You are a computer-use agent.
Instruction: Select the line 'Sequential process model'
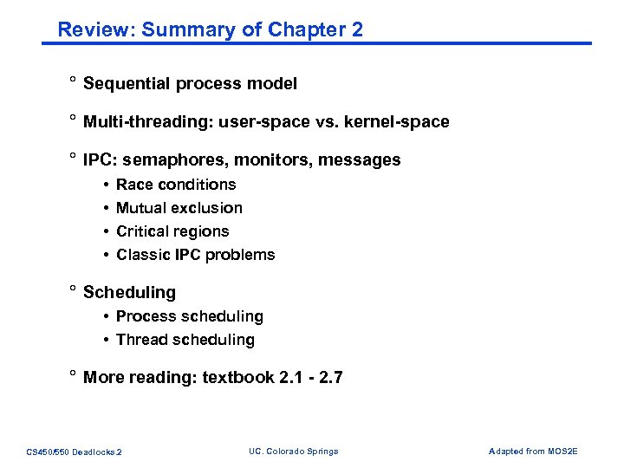(x=190, y=84)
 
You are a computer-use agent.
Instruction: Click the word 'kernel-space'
(x=400, y=122)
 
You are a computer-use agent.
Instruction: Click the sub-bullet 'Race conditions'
(x=176, y=185)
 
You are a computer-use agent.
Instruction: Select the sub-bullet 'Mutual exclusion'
(x=179, y=208)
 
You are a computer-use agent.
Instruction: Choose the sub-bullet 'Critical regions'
(x=172, y=231)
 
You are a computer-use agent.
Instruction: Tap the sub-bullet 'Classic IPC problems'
(x=195, y=255)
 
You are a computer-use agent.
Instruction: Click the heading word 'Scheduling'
(x=129, y=293)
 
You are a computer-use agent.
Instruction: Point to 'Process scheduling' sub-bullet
(x=189, y=316)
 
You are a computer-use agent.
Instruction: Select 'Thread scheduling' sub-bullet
(x=185, y=340)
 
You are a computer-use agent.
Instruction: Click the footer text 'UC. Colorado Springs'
(x=293, y=452)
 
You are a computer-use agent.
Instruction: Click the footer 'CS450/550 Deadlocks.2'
(x=75, y=452)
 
